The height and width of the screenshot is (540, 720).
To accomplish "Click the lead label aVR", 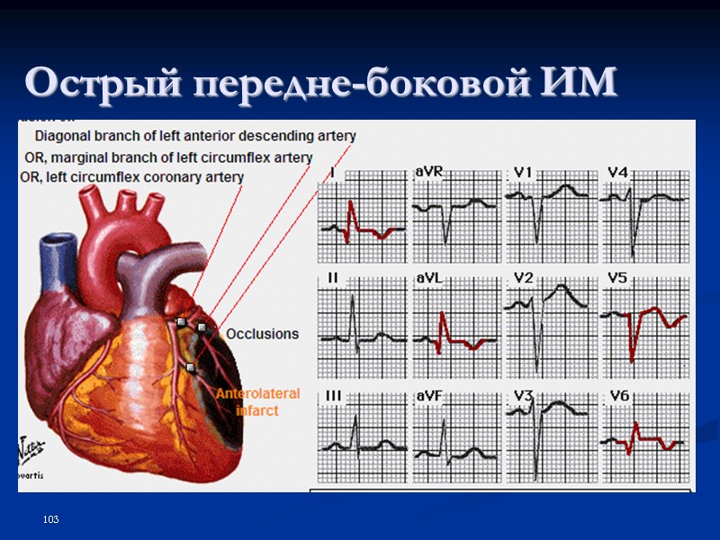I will pyautogui.click(x=428, y=172).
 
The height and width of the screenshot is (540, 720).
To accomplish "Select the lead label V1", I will pyautogui.click(x=524, y=172).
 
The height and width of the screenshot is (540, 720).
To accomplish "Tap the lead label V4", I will pyautogui.click(x=617, y=172).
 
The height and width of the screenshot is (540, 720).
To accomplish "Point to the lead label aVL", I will pyautogui.click(x=427, y=280).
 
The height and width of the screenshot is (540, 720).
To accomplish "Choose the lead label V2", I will pyautogui.click(x=524, y=278).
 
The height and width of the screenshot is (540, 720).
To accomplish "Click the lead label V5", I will pyautogui.click(x=617, y=279).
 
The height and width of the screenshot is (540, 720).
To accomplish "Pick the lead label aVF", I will pyautogui.click(x=427, y=396).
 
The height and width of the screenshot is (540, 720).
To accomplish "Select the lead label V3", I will pyautogui.click(x=524, y=396).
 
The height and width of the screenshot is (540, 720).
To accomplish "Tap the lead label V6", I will pyautogui.click(x=618, y=396).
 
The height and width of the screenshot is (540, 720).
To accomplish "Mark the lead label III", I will pyautogui.click(x=333, y=396).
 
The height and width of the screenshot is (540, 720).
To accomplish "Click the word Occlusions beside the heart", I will pyautogui.click(x=262, y=334).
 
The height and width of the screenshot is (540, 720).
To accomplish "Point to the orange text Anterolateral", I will pyautogui.click(x=257, y=394).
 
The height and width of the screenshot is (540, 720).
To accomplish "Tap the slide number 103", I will pyautogui.click(x=50, y=521).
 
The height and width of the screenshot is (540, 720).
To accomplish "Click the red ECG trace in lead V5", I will pyautogui.click(x=634, y=333).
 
